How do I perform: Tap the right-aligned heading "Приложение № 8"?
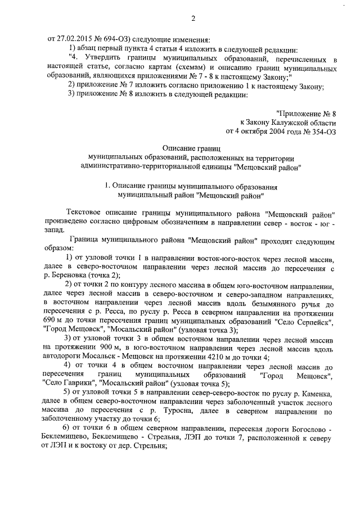pyautogui.click(x=306, y=113)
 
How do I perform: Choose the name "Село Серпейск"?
pyautogui.click(x=310, y=319)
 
